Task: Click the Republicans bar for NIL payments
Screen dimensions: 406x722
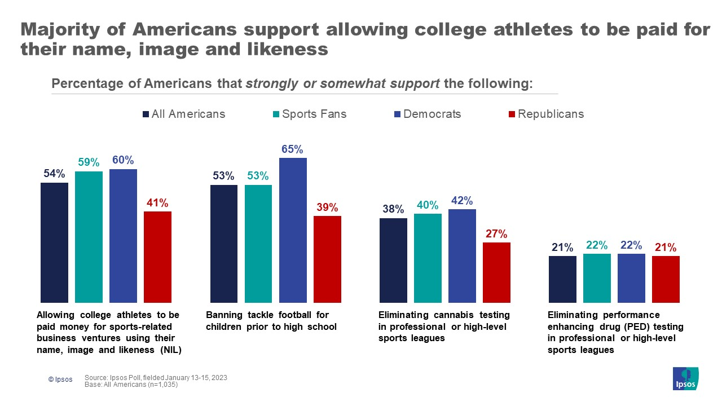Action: [157, 257]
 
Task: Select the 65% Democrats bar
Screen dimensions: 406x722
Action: [293, 230]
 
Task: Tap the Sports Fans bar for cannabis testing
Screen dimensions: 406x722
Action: [428, 258]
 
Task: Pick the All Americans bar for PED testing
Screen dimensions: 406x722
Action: [563, 279]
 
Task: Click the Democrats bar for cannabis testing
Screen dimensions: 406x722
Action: [462, 256]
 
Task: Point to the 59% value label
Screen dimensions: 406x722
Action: [89, 162]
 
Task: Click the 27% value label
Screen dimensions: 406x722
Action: [496, 233]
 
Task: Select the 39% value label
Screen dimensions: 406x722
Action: [327, 207]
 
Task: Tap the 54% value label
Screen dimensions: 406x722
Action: [54, 174]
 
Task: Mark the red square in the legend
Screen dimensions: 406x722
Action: [512, 114]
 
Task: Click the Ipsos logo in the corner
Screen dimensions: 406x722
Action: [685, 378]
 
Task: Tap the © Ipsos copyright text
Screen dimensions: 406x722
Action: [60, 379]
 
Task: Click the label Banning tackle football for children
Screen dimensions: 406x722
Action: [271, 321]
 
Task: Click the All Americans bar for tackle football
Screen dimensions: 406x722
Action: [224, 244]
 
